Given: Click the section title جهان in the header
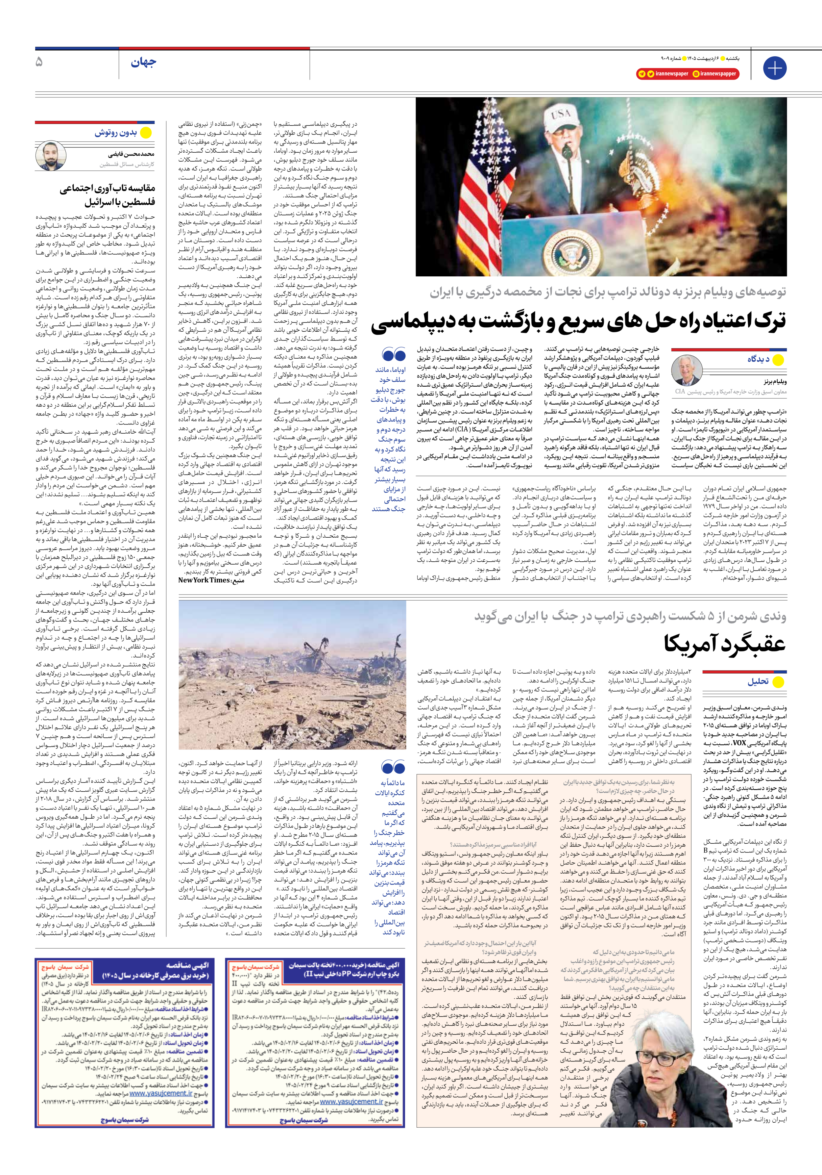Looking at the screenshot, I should coord(143,63).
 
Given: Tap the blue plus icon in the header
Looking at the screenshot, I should coord(774,67).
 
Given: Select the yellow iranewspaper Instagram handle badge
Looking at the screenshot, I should coord(714,74).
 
